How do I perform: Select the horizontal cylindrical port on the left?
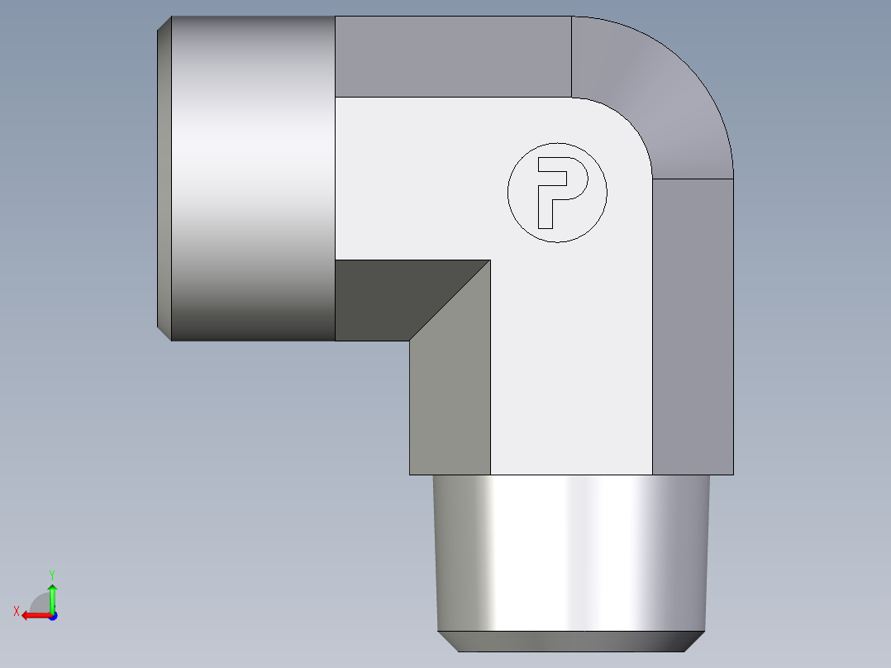pyautogui.click(x=252, y=178)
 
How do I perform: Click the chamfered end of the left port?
pyautogui.click(x=164, y=178)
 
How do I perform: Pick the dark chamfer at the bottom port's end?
pyautogui.click(x=570, y=641)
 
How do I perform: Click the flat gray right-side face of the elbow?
pyautogui.click(x=693, y=327)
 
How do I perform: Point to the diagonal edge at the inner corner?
pyautogui.click(x=450, y=300)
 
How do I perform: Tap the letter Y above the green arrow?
pyautogui.click(x=51, y=574)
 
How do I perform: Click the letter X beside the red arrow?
pyautogui.click(x=16, y=612)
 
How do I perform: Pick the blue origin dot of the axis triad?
pyautogui.click(x=52, y=616)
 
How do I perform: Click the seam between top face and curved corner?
pyautogui.click(x=572, y=56)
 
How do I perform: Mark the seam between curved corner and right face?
pyautogui.click(x=693, y=178)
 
